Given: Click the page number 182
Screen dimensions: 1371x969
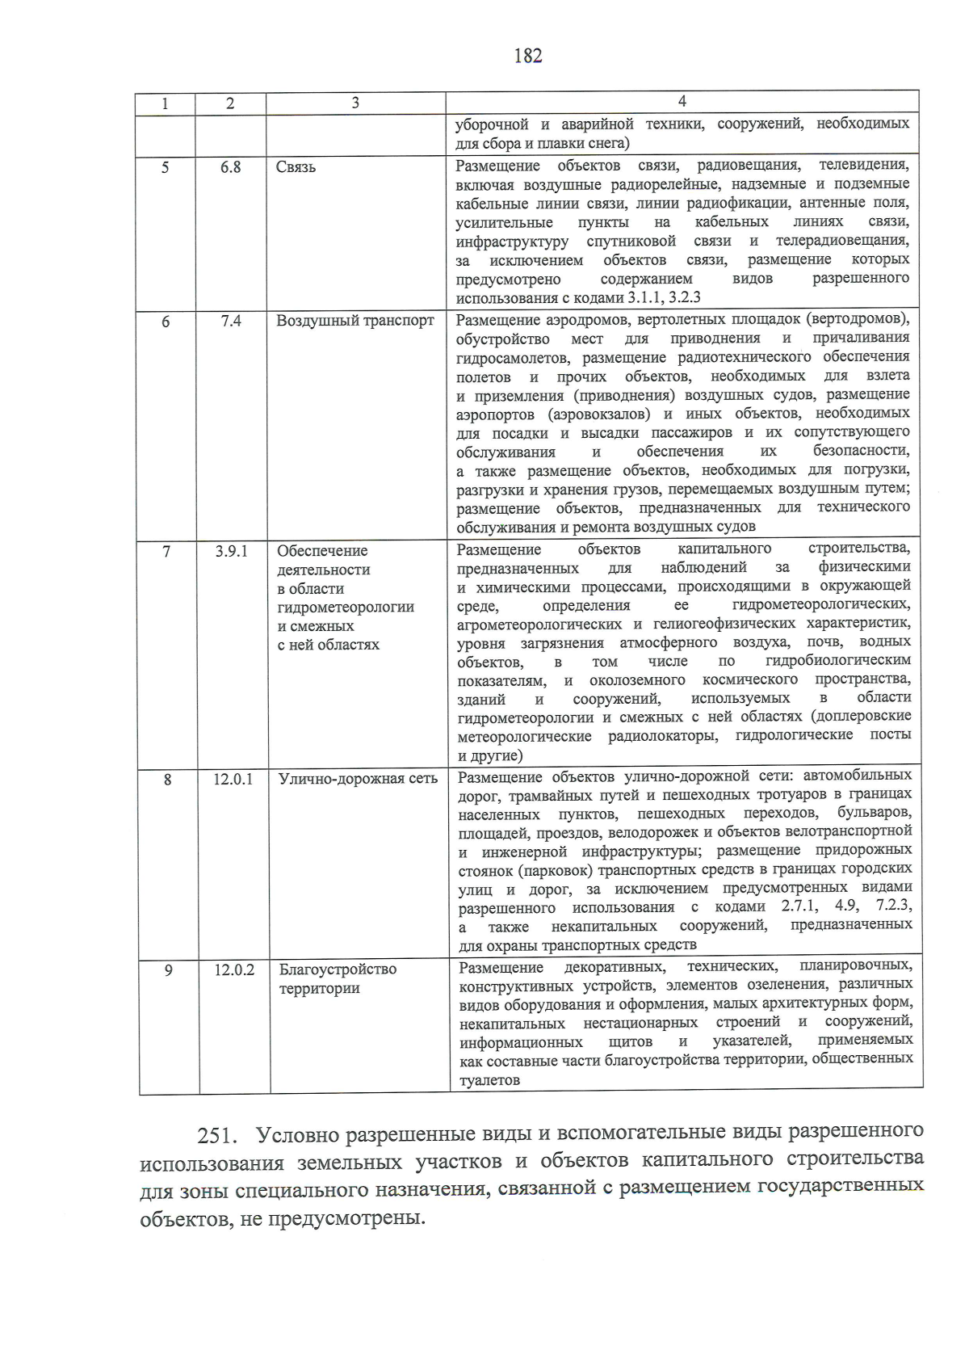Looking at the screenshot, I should click(x=527, y=56).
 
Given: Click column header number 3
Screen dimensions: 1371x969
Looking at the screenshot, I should click(x=355, y=103).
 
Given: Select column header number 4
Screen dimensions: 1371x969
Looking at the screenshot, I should click(x=682, y=101).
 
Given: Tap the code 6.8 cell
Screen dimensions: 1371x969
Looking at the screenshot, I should click(x=231, y=167).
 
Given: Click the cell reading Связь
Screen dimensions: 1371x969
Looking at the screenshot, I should click(x=296, y=167).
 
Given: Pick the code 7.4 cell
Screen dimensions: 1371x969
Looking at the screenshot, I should click(x=231, y=321).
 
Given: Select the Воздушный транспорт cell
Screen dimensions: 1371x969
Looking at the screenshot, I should click(x=355, y=321).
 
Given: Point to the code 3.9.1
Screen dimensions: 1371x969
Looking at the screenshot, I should click(x=232, y=551).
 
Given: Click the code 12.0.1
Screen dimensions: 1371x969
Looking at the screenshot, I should click(x=233, y=779).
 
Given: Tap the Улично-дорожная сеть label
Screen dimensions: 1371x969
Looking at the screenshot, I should click(x=358, y=779).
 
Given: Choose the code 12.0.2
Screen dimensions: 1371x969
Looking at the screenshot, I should click(x=234, y=969).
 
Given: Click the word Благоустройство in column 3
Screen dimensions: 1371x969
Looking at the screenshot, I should click(x=338, y=969).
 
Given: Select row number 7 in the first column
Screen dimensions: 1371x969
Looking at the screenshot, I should click(x=166, y=552).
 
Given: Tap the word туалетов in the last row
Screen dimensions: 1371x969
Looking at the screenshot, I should click(x=489, y=1080).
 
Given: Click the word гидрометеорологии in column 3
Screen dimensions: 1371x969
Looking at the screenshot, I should click(x=346, y=607).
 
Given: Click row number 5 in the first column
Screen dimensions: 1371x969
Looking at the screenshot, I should click(x=166, y=168).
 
